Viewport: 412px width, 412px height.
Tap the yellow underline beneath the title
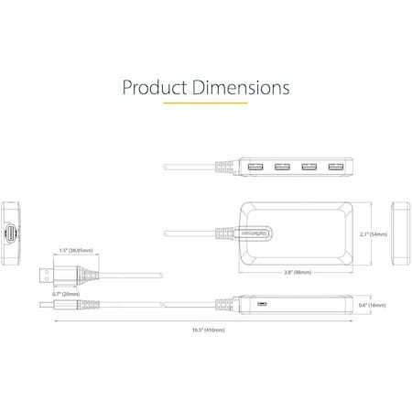205,103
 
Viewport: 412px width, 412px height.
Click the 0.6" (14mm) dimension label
374,304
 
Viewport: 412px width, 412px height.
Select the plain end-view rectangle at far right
400,232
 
